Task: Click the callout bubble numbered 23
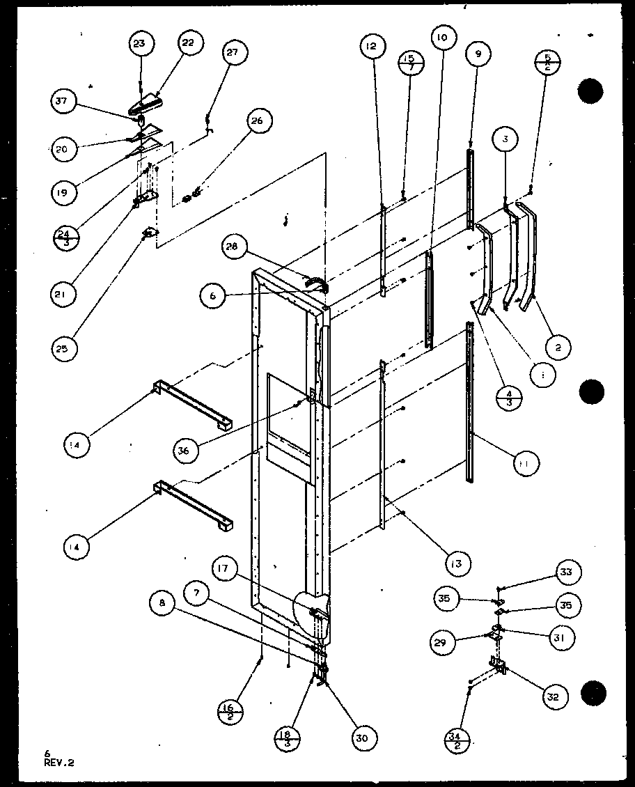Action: click(141, 44)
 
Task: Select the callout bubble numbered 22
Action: click(188, 44)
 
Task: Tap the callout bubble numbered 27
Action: click(236, 54)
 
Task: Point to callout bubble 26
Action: click(257, 121)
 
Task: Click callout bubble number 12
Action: click(373, 47)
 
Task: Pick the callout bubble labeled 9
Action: click(479, 54)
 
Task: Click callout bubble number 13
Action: click(459, 561)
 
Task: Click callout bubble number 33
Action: click(565, 572)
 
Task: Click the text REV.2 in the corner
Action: click(58, 763)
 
